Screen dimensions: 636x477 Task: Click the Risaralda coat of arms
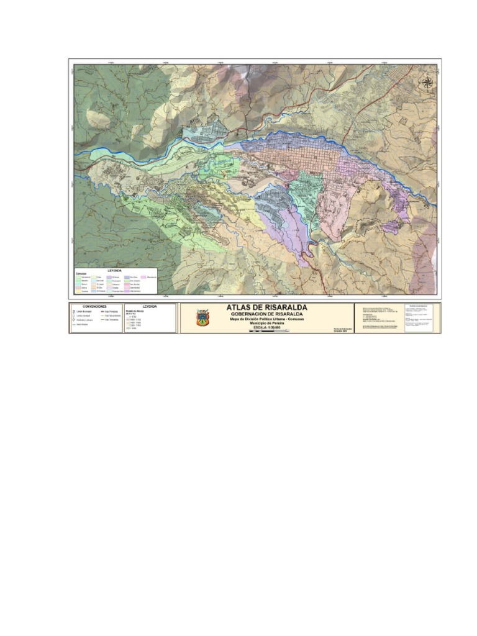202,319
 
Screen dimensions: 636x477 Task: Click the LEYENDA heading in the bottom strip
150,306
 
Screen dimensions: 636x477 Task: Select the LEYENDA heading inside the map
115,271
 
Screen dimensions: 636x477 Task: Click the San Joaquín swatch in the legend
126,280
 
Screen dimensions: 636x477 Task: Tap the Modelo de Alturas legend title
134,311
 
